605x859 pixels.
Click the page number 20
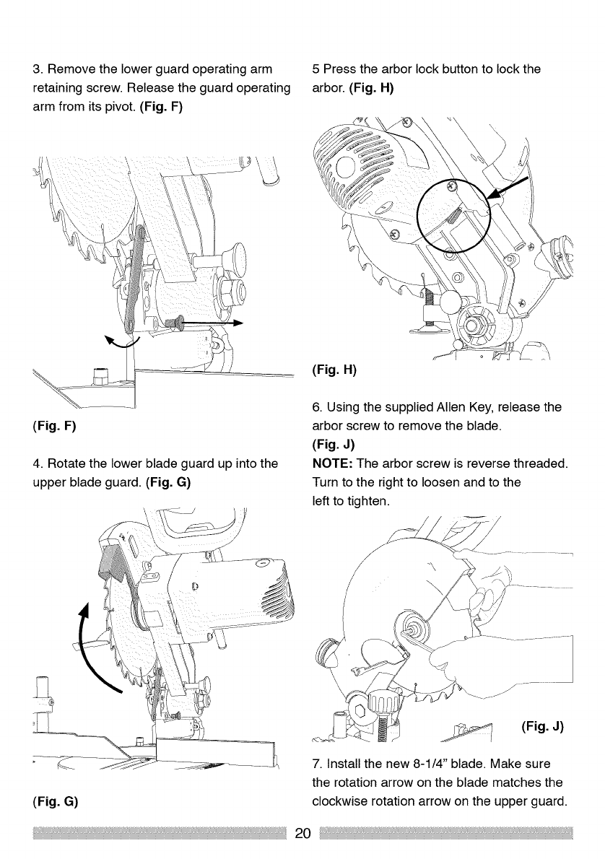(302, 835)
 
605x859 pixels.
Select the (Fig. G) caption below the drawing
(55, 801)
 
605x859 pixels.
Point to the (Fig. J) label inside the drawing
(541, 725)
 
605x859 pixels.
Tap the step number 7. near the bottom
(316, 764)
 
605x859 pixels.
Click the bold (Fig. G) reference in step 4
(169, 477)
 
